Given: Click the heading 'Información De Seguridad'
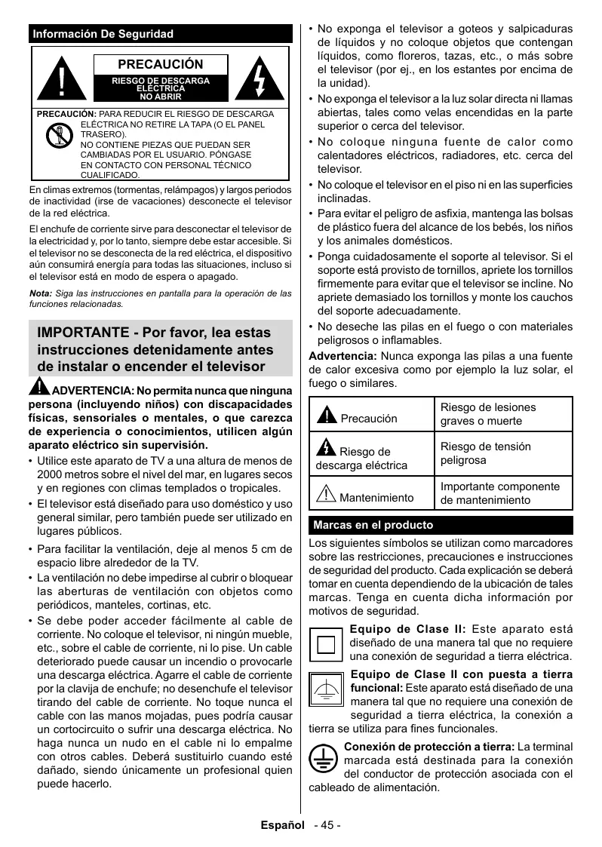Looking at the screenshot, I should [x=103, y=34].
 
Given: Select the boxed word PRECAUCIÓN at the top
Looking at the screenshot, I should [x=161, y=65].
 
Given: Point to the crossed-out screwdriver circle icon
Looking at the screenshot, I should [x=58, y=136].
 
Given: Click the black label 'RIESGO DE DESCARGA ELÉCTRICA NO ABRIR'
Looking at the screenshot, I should [x=161, y=87].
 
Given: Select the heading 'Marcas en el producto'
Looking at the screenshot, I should [x=373, y=525].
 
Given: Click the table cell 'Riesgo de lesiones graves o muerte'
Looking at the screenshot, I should [x=487, y=414].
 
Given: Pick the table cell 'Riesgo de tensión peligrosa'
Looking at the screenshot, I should [x=485, y=453].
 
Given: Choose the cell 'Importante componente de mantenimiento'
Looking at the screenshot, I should [x=499, y=493].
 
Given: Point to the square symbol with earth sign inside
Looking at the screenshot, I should [x=327, y=692].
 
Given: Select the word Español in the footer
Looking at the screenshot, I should [x=282, y=825].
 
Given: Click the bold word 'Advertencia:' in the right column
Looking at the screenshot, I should [x=342, y=356].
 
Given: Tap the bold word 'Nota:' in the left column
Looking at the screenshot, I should [x=40, y=293].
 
